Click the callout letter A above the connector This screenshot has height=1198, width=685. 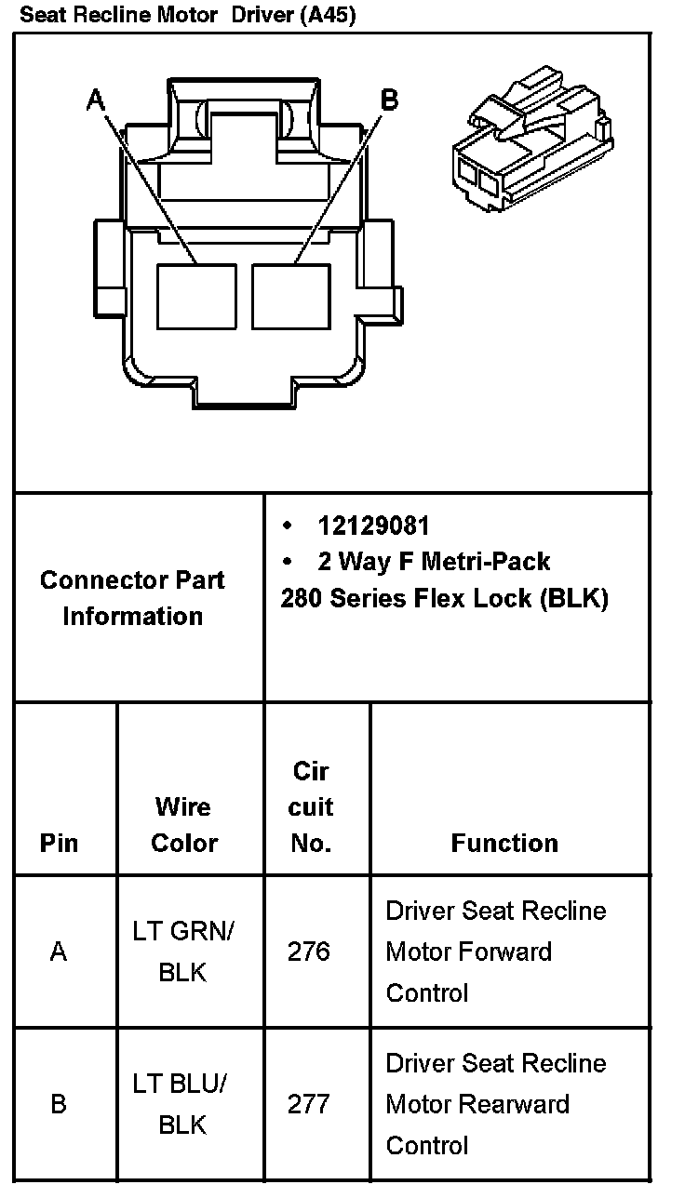95,100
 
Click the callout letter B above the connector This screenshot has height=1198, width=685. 390,100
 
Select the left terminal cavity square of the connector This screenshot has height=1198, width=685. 196,296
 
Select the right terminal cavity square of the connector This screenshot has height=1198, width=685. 291,296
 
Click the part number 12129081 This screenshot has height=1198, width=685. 373,526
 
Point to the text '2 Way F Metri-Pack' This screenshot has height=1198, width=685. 434,561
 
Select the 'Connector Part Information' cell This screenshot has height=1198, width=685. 132,597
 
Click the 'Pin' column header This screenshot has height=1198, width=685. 59,843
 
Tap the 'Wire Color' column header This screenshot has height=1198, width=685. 183,824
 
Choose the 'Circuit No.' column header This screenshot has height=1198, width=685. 311,806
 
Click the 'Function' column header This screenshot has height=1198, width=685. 504,843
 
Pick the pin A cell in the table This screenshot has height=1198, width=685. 59,952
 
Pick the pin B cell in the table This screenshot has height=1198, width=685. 59,1104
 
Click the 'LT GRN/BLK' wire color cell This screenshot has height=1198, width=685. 183,952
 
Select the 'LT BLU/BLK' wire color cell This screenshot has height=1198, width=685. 183,1104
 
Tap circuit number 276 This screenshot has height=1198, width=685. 309,952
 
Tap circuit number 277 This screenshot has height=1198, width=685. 309,1104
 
